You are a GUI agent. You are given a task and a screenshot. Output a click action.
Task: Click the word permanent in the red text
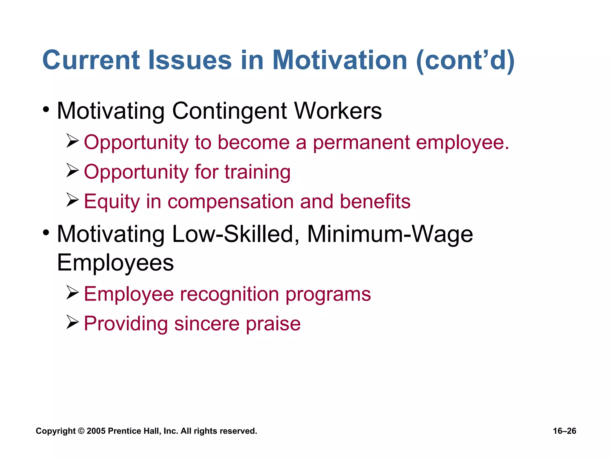tap(361, 143)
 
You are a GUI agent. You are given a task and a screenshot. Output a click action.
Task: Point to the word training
tap(257, 172)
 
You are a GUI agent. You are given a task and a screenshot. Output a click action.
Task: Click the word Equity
tap(112, 202)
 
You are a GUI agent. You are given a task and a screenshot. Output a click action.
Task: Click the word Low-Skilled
tap(236, 234)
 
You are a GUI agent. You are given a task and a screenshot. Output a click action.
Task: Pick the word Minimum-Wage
tap(390, 234)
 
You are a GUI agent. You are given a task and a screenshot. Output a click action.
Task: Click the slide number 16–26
tap(564, 431)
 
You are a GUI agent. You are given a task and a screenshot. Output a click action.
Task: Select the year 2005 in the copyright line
tap(96, 431)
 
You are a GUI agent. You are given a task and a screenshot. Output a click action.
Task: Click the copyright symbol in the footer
tap(81, 431)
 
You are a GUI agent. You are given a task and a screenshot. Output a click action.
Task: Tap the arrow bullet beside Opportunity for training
tap(73, 170)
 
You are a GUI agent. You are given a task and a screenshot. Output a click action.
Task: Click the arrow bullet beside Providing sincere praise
tap(73, 322)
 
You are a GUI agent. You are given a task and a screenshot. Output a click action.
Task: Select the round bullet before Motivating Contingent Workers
tap(46, 110)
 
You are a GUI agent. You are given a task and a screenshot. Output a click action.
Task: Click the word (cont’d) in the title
tap(465, 61)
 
